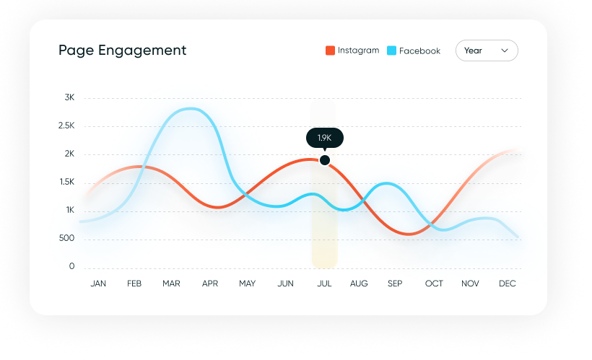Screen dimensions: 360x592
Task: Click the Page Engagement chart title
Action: click(x=122, y=51)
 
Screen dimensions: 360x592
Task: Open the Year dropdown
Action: click(x=486, y=51)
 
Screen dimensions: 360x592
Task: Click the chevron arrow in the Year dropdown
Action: click(x=505, y=51)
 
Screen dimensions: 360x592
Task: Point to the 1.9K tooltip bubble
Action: click(x=324, y=137)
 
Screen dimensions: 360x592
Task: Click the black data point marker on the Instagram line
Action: click(x=325, y=160)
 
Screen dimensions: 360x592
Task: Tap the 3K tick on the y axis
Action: click(x=69, y=97)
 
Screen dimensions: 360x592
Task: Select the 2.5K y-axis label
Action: click(x=66, y=126)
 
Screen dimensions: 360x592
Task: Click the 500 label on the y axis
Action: click(x=67, y=239)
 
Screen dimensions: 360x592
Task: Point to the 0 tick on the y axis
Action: click(x=71, y=267)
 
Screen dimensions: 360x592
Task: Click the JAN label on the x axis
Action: click(x=98, y=284)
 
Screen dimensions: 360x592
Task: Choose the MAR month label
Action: click(x=171, y=284)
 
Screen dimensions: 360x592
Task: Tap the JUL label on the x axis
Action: click(x=324, y=284)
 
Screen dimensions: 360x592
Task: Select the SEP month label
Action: click(x=395, y=284)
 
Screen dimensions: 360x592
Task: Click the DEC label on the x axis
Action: click(x=508, y=284)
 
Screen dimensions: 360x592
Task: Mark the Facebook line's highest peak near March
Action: click(x=190, y=109)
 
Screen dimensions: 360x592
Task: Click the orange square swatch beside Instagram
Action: click(x=330, y=51)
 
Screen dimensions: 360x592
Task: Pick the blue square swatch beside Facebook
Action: click(x=391, y=51)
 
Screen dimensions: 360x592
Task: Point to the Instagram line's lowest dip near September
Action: click(x=408, y=234)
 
